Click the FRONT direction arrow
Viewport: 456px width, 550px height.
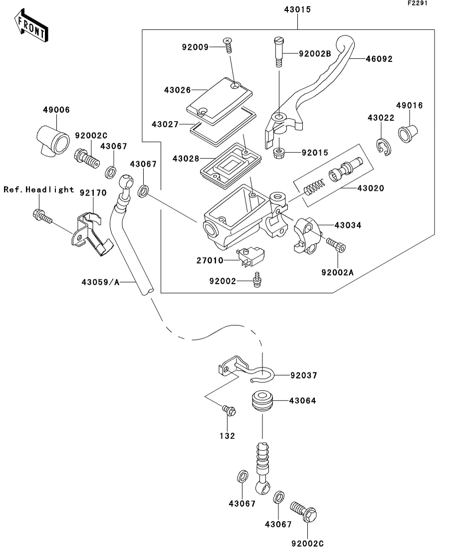[x=31, y=27]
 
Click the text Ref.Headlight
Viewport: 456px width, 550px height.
[x=39, y=189]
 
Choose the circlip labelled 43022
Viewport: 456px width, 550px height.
[x=383, y=145]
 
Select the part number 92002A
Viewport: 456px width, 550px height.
[x=337, y=272]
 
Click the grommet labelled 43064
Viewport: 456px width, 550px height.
[x=262, y=400]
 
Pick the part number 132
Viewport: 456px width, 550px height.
[x=228, y=435]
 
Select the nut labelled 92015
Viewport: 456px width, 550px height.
[x=280, y=153]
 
